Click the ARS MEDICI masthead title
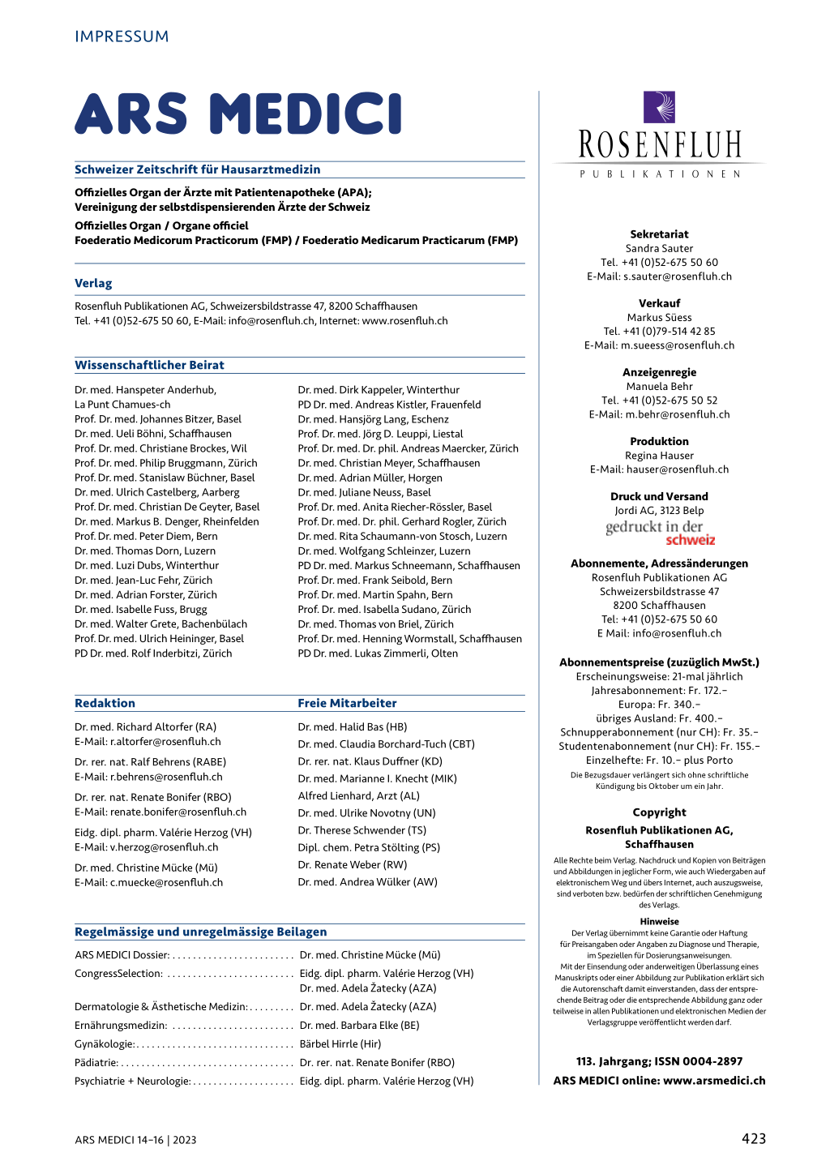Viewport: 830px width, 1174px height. point(238,114)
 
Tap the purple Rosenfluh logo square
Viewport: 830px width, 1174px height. point(659,107)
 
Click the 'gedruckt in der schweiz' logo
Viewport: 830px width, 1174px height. point(660,533)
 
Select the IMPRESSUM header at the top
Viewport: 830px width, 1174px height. point(122,36)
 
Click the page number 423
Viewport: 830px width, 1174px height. point(753,1138)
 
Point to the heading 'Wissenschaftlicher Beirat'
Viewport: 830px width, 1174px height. point(149,365)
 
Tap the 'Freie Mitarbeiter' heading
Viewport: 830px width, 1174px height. point(347,703)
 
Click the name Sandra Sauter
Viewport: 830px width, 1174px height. point(659,248)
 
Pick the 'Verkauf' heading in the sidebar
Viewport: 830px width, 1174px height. point(659,303)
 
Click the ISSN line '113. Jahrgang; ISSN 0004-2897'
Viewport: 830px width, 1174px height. point(659,1061)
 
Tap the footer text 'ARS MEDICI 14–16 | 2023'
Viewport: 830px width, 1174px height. point(135,1140)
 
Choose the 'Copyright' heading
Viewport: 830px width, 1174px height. point(659,812)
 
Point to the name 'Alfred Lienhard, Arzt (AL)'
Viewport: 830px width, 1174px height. point(358,796)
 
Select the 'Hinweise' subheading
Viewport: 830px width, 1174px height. point(659,922)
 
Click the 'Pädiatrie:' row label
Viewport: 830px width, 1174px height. point(96,1063)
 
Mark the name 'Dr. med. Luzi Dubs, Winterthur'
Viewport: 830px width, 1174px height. point(147,565)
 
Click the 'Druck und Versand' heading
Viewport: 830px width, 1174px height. point(659,496)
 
